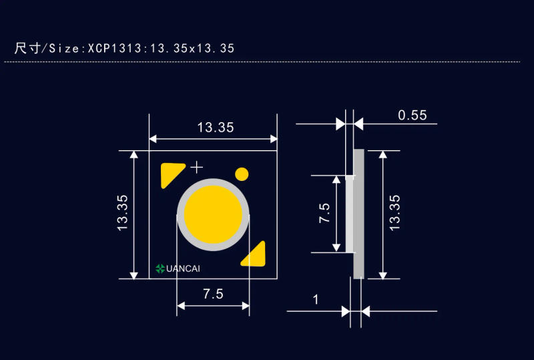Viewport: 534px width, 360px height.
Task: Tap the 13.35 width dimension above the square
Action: (x=216, y=127)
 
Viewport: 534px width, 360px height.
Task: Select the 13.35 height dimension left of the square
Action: (x=123, y=214)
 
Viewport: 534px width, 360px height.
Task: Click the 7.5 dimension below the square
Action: (x=212, y=295)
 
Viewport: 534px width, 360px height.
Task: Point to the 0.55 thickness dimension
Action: (x=412, y=115)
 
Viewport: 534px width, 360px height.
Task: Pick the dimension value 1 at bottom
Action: (x=316, y=299)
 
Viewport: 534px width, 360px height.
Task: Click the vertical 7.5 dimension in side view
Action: (x=324, y=214)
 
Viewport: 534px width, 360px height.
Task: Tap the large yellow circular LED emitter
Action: (x=213, y=214)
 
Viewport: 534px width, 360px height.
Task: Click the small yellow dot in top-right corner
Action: (x=242, y=174)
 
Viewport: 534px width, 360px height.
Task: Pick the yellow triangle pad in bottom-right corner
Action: (x=255, y=254)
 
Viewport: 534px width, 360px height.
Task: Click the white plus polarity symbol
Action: (x=196, y=166)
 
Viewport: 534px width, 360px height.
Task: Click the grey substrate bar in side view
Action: (x=358, y=214)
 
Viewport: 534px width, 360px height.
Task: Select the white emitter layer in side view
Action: (x=349, y=214)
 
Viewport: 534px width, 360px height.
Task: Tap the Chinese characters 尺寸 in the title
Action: (x=27, y=48)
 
